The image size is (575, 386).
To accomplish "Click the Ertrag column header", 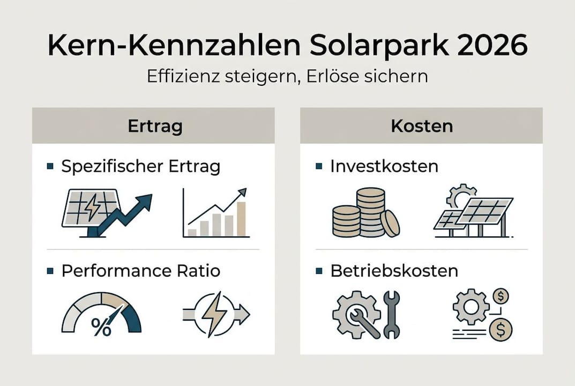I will pyautogui.click(x=155, y=127).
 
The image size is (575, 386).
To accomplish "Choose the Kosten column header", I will pyautogui.click(x=421, y=127).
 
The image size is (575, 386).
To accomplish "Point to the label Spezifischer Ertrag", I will pyautogui.click(x=141, y=166).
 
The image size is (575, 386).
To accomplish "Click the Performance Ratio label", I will pyautogui.click(x=141, y=271).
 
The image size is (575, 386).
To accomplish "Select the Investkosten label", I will pyautogui.click(x=384, y=166).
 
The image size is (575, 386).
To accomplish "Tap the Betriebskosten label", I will pyautogui.click(x=394, y=271).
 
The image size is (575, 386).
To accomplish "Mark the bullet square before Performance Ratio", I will pyautogui.click(x=50, y=271).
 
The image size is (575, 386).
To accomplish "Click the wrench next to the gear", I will pyautogui.click(x=391, y=315).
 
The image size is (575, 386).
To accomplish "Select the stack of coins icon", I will pyautogui.click(x=364, y=214).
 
